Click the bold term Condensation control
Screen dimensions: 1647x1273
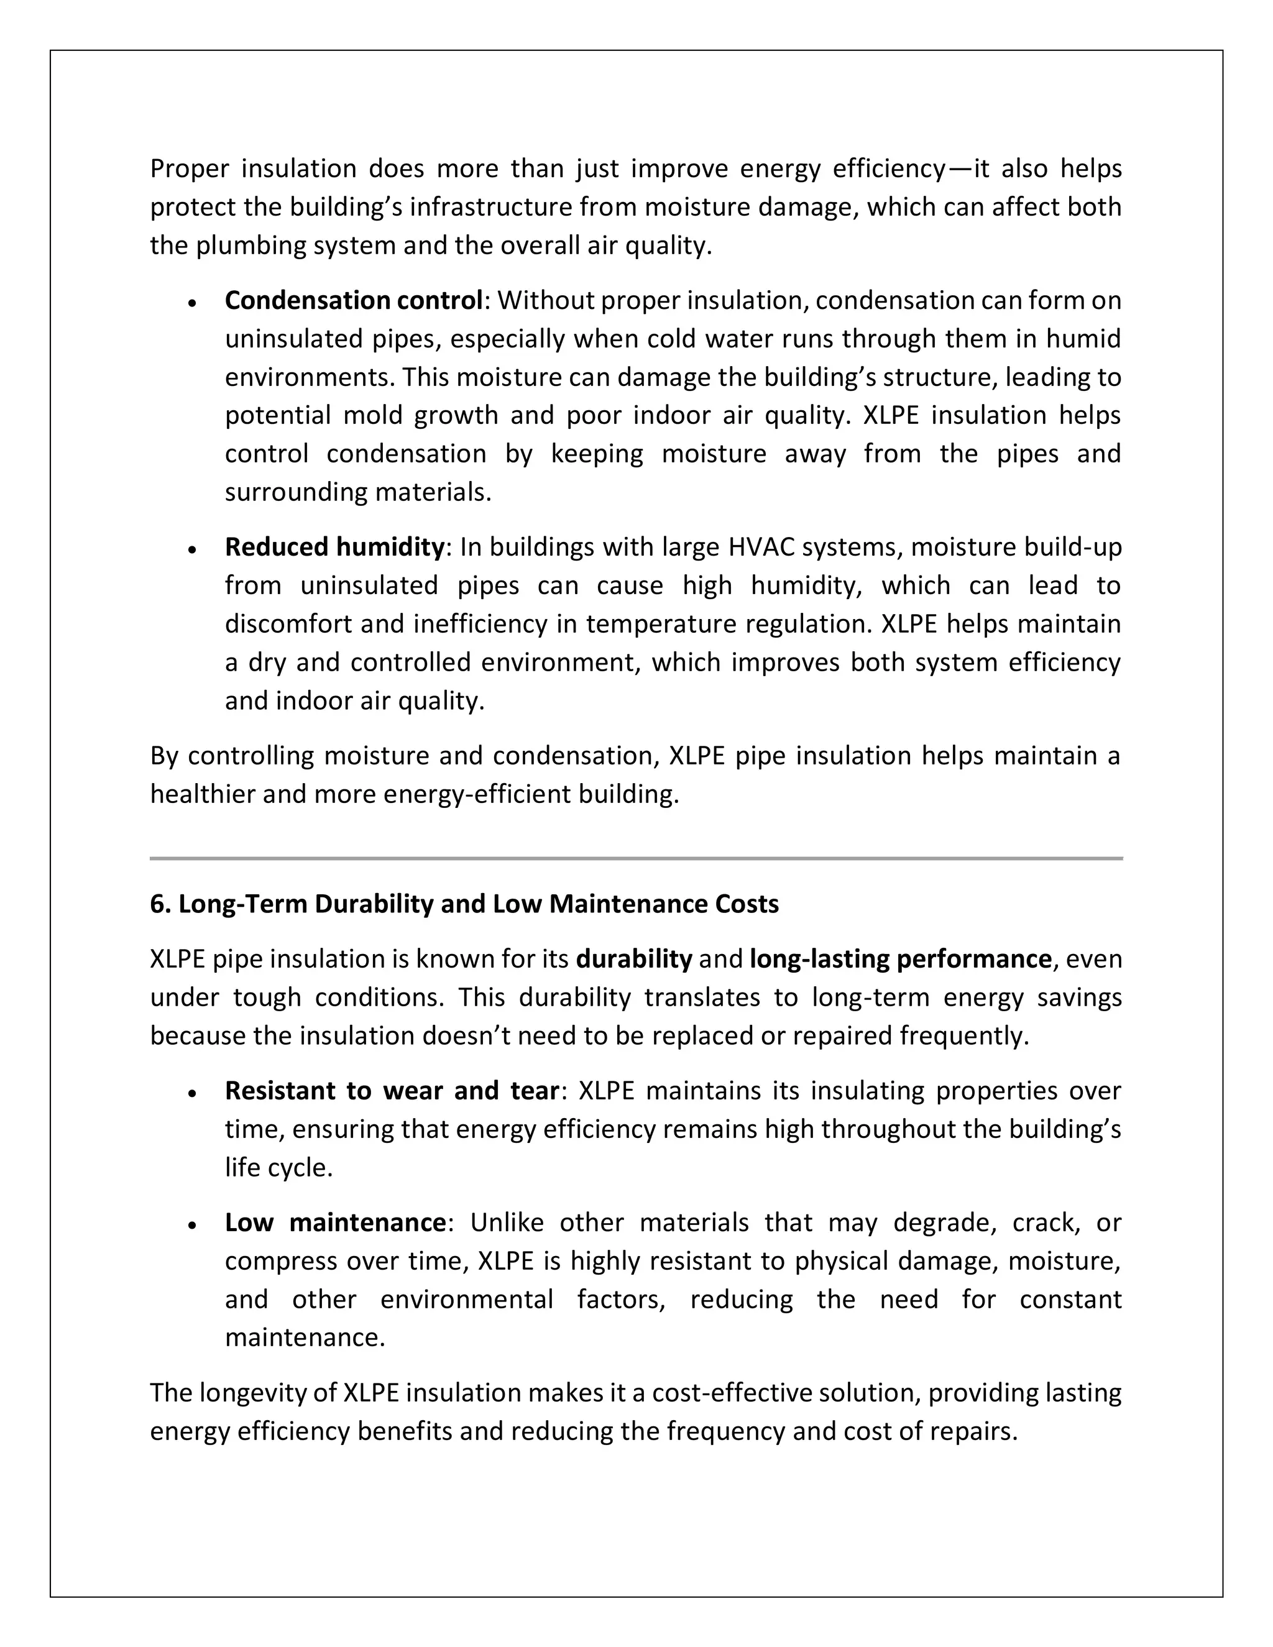(353, 300)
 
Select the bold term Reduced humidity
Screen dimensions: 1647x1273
(334, 547)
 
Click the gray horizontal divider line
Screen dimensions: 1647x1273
(636, 858)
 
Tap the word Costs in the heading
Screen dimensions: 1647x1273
(747, 904)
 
